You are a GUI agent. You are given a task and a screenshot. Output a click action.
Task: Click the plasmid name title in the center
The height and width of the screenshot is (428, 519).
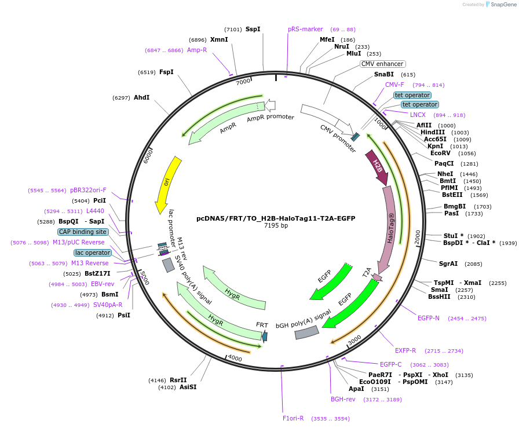coord(276,218)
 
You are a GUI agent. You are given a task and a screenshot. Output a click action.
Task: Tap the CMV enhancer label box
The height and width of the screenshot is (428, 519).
coord(382,64)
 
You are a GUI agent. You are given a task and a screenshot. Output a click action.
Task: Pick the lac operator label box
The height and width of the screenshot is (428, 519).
coord(93,253)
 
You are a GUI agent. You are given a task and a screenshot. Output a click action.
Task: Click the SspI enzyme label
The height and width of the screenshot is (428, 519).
coord(253,29)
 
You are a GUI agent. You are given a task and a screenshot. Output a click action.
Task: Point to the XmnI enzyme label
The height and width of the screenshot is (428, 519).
coord(219,39)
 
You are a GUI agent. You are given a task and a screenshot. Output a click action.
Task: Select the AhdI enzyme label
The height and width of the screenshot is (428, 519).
coord(141,97)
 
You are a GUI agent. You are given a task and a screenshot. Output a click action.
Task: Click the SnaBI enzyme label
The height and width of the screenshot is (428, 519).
coord(383,74)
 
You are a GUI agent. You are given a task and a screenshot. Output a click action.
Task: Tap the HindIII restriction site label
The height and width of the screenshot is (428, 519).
coord(433,132)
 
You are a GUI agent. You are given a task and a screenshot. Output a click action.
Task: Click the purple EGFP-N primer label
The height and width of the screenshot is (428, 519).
coord(429,318)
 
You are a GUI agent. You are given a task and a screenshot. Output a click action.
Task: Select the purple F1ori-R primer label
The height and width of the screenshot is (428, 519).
coord(293,418)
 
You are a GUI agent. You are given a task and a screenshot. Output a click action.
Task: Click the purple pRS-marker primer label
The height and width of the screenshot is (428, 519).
coord(305,29)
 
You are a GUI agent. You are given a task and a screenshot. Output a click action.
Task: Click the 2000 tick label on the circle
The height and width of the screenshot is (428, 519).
coord(417,236)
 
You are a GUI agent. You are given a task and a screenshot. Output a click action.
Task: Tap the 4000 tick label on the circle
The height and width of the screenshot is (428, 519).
coord(234,358)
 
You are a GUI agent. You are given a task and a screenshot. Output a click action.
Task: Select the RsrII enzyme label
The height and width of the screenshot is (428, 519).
coord(178,380)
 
